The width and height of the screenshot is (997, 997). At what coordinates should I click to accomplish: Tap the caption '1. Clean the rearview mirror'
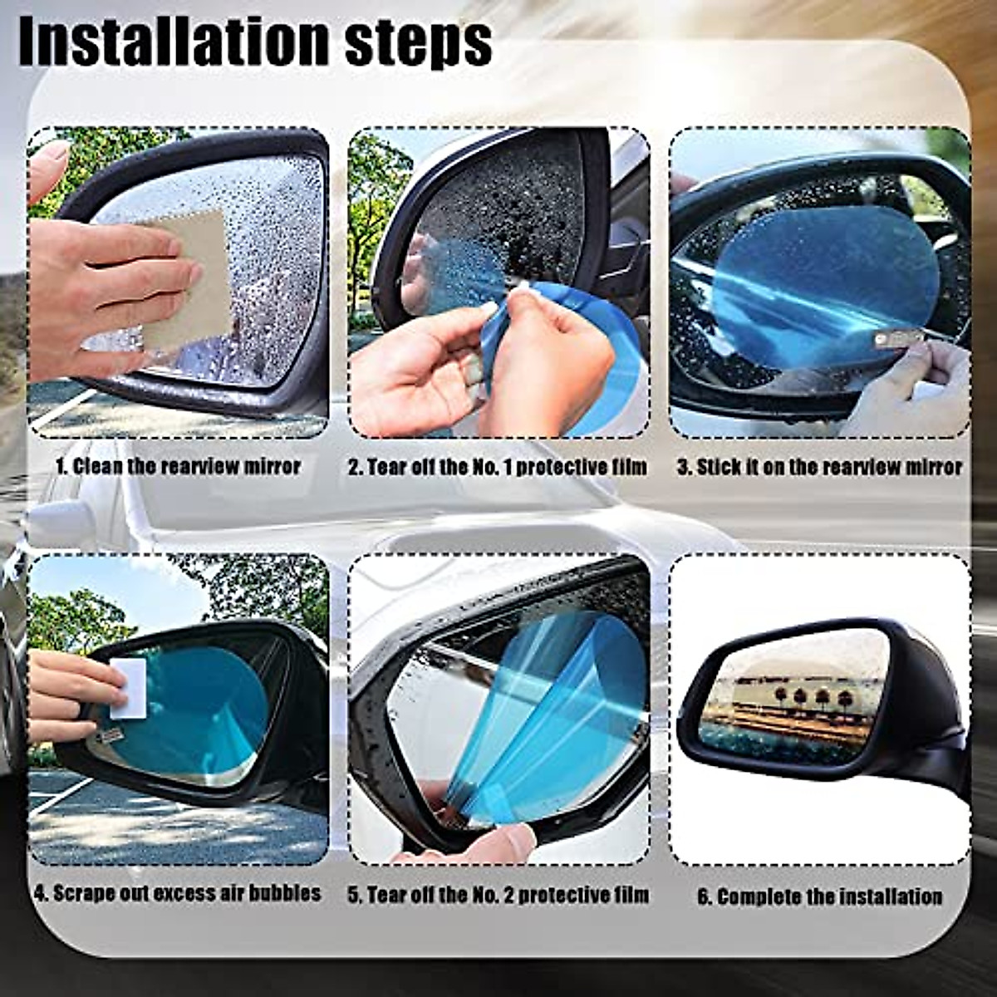[178, 466]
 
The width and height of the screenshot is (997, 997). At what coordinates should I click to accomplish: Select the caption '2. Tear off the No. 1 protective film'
[497, 467]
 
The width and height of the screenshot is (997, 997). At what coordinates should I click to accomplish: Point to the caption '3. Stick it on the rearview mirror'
[819, 467]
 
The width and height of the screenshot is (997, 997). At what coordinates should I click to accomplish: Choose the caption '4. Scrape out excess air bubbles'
[178, 894]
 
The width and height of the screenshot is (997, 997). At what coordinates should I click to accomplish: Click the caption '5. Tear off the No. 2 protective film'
[498, 896]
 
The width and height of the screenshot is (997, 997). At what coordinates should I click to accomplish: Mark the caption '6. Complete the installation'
[819, 897]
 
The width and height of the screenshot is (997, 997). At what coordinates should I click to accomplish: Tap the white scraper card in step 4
[129, 688]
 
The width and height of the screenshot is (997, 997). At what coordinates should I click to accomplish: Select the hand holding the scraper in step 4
[71, 690]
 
